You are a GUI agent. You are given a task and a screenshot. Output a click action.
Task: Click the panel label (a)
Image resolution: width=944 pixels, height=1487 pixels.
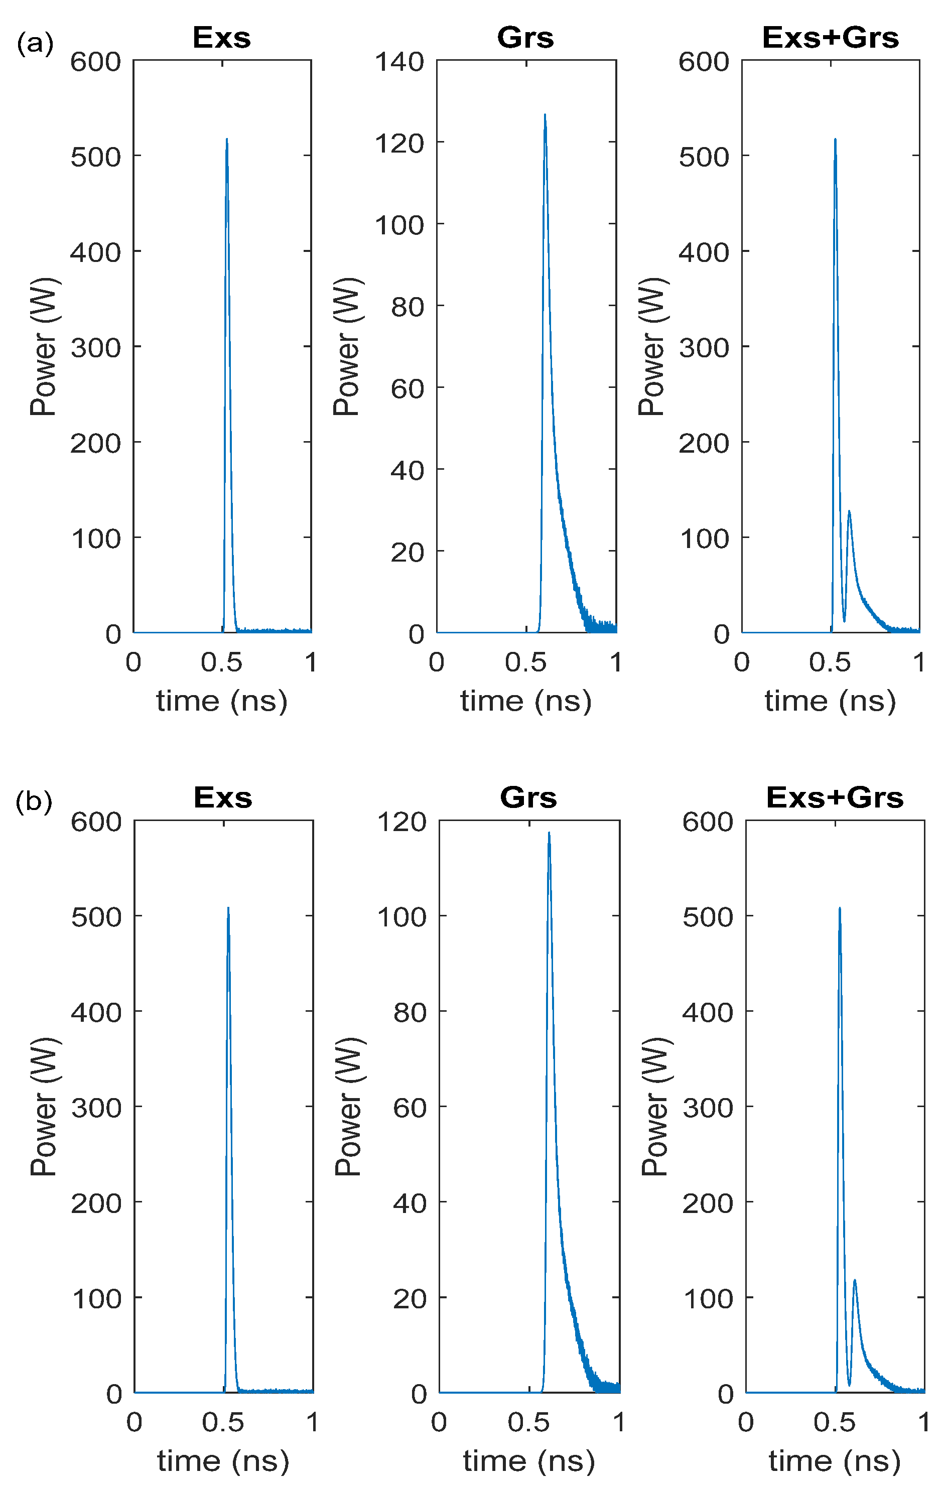35,44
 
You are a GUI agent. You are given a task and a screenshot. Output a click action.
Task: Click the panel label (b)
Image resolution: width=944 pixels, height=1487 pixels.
34,801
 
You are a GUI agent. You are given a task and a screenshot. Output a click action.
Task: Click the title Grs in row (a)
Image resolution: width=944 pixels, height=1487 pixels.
525,38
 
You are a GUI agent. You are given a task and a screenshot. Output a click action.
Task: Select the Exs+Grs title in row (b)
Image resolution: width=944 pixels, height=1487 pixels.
835,797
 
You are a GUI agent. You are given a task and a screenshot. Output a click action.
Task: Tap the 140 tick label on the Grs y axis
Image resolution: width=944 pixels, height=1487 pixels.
400,62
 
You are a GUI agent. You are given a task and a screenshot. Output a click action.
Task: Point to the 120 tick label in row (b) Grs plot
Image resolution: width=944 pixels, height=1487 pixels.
402,822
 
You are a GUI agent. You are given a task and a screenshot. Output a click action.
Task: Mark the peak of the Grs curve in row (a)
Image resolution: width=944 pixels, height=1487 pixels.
545,115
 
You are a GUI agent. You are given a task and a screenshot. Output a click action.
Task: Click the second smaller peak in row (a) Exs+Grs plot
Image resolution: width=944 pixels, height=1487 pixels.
849,512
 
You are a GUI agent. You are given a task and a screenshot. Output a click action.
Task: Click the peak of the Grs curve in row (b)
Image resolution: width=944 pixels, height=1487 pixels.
549,833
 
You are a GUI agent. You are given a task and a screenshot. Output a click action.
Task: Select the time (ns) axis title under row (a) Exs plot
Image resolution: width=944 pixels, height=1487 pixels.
222,701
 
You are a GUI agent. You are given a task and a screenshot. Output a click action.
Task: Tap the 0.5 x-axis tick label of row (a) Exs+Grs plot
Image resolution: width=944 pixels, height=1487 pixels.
830,662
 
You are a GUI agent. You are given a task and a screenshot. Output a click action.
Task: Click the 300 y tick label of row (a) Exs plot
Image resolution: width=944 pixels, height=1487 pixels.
96,348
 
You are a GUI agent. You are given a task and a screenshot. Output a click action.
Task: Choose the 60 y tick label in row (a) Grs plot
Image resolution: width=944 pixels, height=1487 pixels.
408,388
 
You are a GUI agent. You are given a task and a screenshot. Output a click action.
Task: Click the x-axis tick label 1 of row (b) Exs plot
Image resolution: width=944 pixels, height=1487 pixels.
312,1422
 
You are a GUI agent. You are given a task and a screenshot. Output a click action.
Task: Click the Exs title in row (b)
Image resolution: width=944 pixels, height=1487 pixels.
223,797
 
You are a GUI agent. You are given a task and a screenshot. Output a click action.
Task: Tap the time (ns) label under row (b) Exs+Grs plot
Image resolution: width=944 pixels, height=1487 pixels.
835,1461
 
